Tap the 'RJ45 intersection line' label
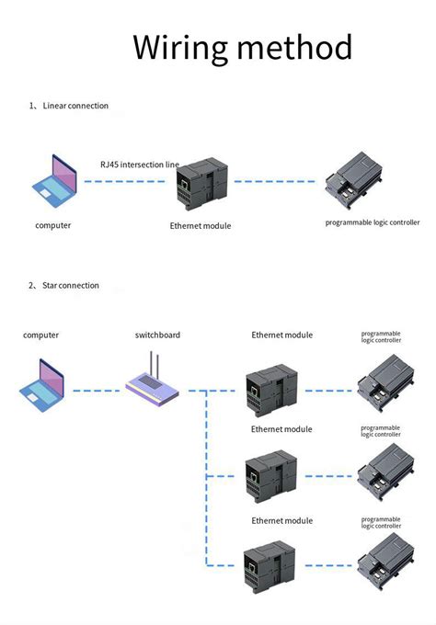140,164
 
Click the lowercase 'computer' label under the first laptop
53,225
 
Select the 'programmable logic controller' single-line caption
373,222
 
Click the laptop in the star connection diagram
43,382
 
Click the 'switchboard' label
157,335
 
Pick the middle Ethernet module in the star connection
270,476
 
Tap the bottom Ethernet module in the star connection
270,565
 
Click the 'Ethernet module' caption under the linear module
201,226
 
